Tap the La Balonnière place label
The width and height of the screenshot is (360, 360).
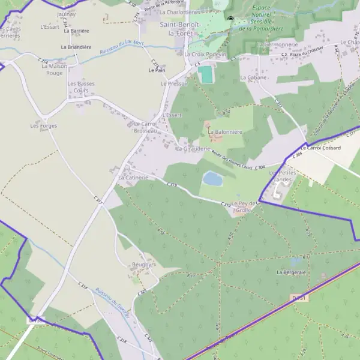(224, 131)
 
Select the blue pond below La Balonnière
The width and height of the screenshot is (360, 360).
(212, 178)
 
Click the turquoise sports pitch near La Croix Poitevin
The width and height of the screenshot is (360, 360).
(206, 75)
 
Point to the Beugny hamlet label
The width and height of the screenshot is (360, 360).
(142, 264)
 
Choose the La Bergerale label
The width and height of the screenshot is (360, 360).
(292, 272)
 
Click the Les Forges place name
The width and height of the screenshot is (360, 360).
(43, 126)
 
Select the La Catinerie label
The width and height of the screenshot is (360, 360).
(133, 178)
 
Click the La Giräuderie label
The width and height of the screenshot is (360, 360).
(192, 148)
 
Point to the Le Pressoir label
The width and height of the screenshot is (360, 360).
(174, 83)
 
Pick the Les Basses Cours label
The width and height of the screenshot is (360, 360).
(78, 87)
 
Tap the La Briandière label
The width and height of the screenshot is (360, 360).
(76, 47)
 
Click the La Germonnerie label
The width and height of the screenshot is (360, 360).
(277, 44)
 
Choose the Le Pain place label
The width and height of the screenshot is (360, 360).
(157, 70)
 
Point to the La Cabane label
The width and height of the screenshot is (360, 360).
(251, 77)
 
